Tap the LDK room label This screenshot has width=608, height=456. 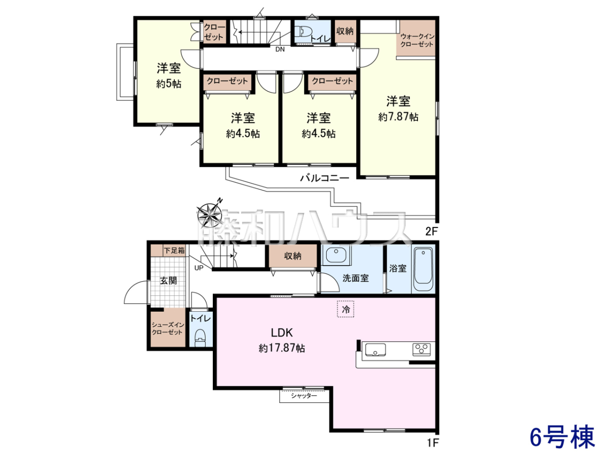[x=282, y=332]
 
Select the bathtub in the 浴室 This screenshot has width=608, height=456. [x=423, y=270]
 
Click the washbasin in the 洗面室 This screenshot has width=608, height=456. [x=336, y=254]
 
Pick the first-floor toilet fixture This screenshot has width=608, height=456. [x=201, y=338]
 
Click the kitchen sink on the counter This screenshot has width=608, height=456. [x=375, y=350]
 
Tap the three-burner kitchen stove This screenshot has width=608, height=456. [x=422, y=350]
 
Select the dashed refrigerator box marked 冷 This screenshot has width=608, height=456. [x=346, y=309]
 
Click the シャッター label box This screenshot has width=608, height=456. [x=304, y=396]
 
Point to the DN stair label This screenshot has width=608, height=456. [x=280, y=50]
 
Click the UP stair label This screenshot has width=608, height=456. [x=199, y=268]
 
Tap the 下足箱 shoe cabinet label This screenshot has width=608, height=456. [x=174, y=251]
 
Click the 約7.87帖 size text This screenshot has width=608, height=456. [x=398, y=117]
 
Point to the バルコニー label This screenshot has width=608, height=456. [x=325, y=178]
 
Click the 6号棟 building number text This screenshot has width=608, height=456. [x=562, y=437]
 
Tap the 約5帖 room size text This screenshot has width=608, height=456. [x=169, y=84]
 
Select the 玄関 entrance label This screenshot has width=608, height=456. [x=168, y=281]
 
